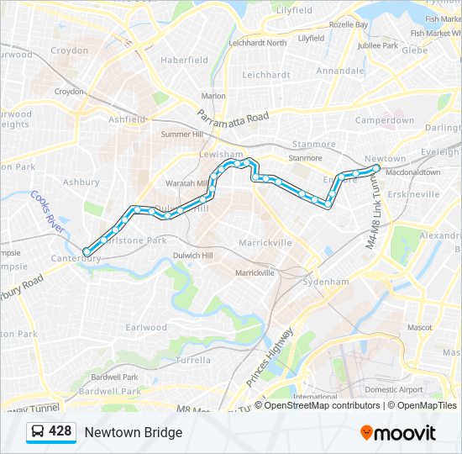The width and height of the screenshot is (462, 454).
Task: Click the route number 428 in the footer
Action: pyautogui.click(x=60, y=431)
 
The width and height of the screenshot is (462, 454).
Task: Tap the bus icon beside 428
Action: pyautogui.click(x=38, y=432)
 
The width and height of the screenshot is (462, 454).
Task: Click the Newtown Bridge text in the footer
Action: pyautogui.click(x=133, y=432)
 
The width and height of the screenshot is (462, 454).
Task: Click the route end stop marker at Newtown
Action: pyautogui.click(x=375, y=168)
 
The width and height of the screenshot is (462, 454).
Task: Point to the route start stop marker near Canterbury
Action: pyautogui.click(x=87, y=251)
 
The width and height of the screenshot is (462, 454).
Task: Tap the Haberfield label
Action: pyautogui.click(x=184, y=61)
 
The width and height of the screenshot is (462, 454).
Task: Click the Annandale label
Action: pyautogui.click(x=340, y=71)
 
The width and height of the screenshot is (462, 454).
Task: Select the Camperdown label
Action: pyautogui.click(x=385, y=120)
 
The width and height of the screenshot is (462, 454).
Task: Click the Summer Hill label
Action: pyautogui.click(x=182, y=134)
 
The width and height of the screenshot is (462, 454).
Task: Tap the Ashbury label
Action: pyautogui.click(x=81, y=182)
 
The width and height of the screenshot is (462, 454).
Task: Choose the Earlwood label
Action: pyautogui.click(x=146, y=327)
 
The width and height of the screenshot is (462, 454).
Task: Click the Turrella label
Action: pyautogui.click(x=194, y=360)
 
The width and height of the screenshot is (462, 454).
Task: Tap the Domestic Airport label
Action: pyautogui.click(x=394, y=390)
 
